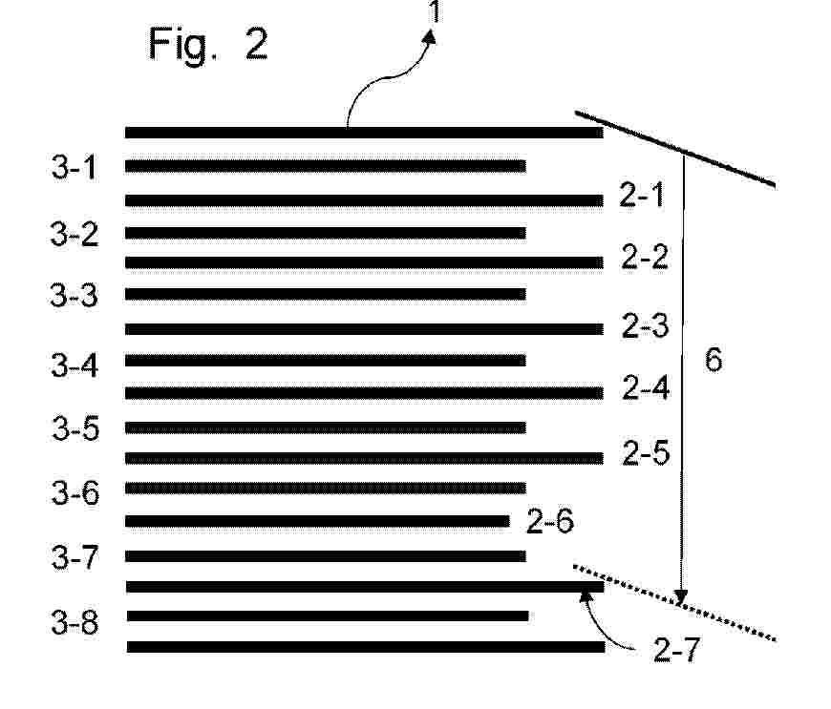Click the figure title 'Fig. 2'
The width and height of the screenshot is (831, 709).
coord(208,44)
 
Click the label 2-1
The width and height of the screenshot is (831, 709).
coord(641,197)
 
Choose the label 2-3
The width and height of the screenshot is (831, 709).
coord(645,326)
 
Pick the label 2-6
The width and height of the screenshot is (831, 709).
coord(549,521)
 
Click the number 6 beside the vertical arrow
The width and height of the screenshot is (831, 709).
coord(713,360)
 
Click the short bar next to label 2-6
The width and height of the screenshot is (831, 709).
coord(317,521)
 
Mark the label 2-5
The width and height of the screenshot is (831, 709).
coord(645,452)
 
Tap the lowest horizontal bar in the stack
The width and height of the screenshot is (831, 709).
coord(365,647)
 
